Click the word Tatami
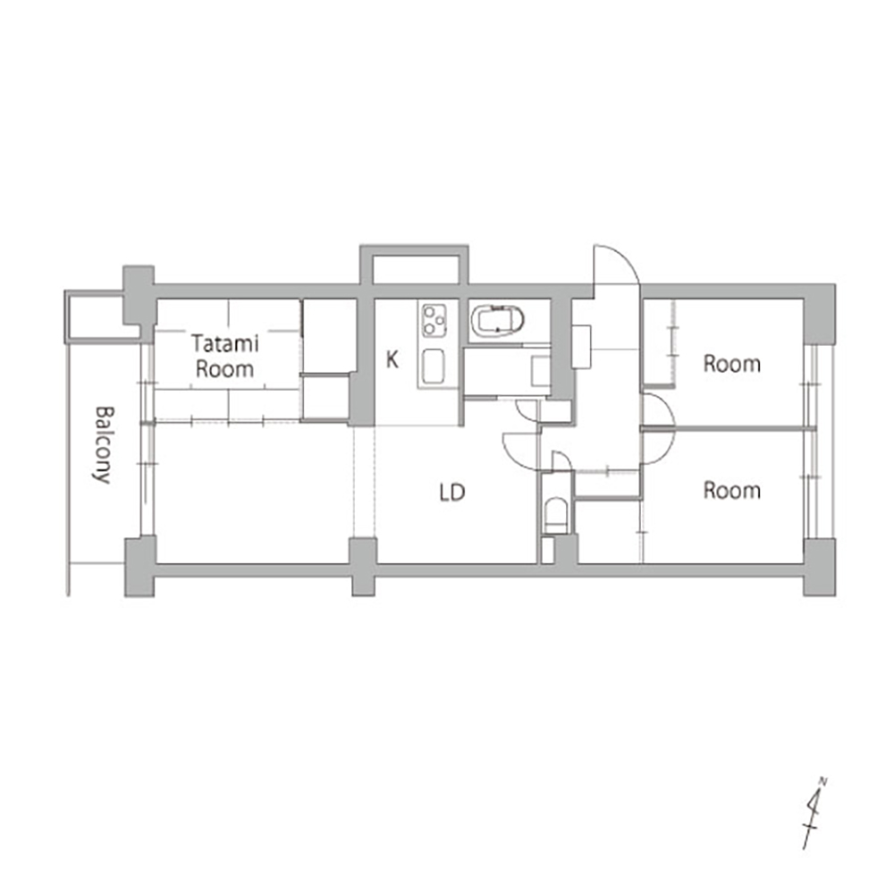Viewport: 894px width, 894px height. click(224, 343)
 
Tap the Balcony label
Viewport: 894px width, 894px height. click(104, 444)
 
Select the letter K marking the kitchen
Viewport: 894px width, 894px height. click(392, 359)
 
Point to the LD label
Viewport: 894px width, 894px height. click(452, 492)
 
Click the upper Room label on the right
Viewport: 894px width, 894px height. click(732, 364)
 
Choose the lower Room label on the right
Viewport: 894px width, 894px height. click(732, 490)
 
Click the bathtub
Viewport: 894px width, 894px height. click(497, 321)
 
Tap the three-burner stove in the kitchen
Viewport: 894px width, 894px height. click(434, 320)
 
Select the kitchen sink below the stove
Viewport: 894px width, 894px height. click(434, 366)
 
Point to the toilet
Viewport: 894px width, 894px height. click(555, 516)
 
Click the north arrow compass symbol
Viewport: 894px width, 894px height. click(814, 813)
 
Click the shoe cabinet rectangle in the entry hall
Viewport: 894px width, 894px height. click(581, 347)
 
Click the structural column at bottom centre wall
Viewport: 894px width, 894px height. click(363, 567)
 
